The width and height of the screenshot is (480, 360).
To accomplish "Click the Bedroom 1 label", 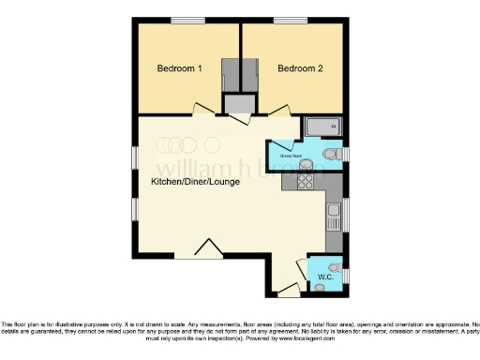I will pos(179,68).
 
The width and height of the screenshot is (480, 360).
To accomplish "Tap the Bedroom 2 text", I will pos(300,68).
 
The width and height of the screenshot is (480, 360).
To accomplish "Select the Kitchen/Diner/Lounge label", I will pos(196,181).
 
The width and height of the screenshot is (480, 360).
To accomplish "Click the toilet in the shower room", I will pos(330,154).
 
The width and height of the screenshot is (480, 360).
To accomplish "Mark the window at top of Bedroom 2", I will pos(287,21).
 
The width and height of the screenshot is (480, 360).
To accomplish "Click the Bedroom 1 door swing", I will pos(202,110).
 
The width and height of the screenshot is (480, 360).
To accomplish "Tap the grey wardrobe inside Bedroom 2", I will pos(252,76).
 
